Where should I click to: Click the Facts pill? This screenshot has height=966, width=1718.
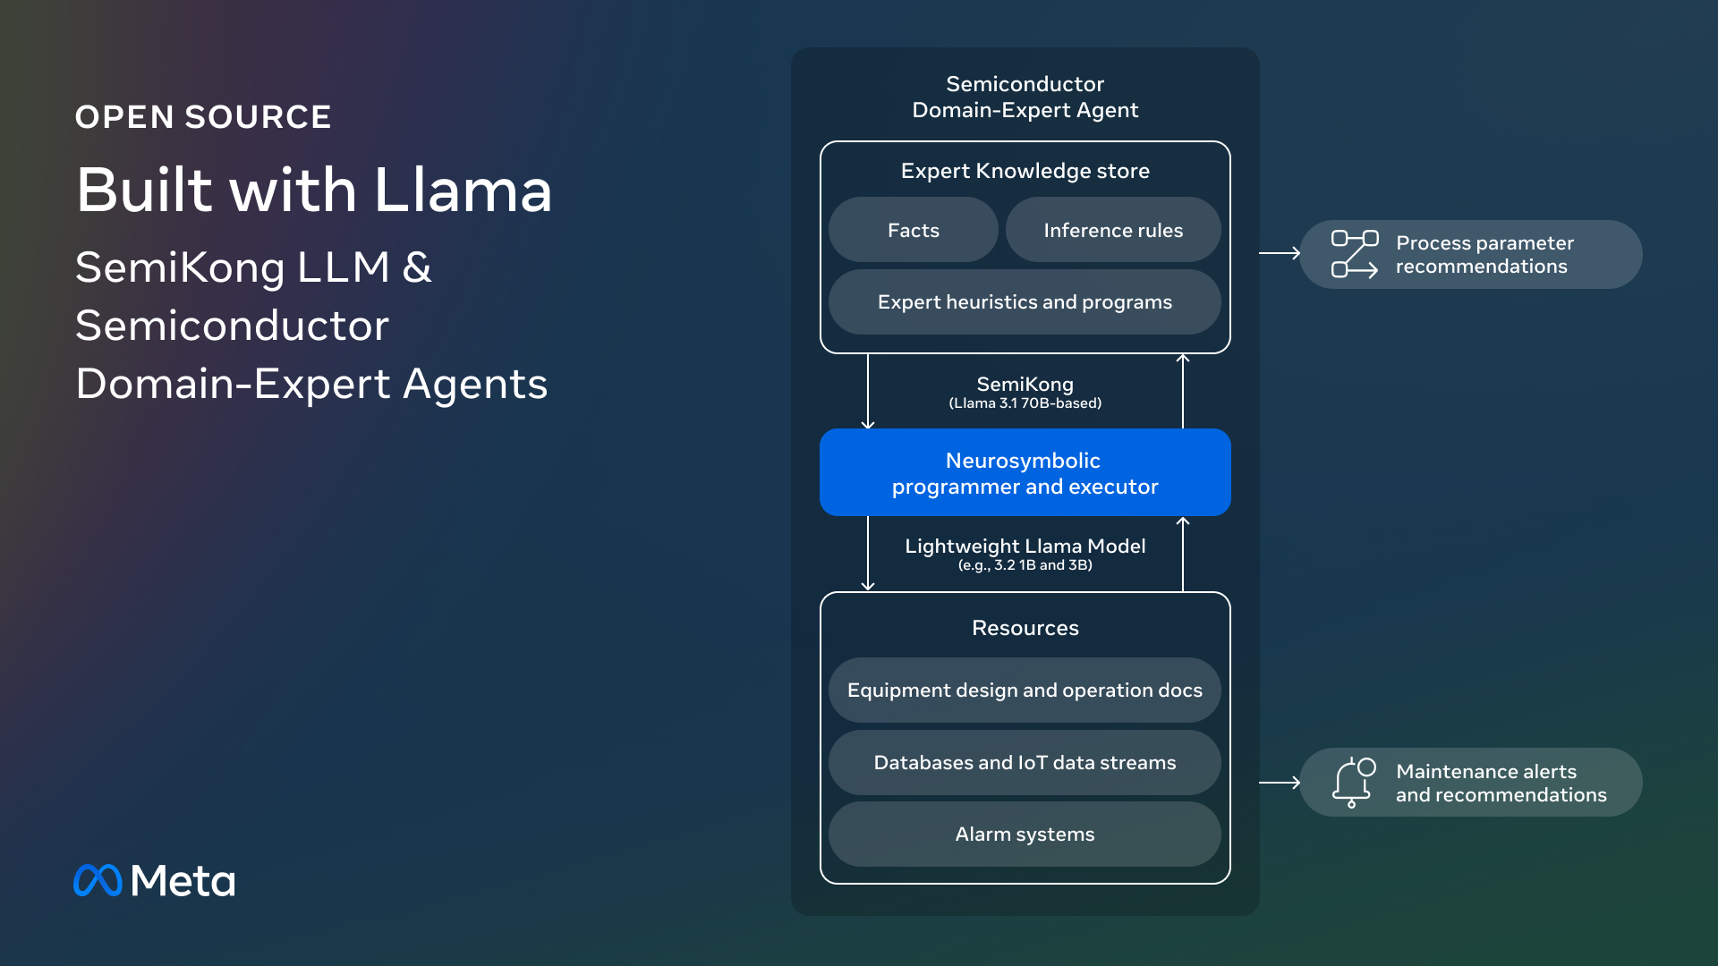[913, 230]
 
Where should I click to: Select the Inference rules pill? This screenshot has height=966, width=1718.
[1113, 230]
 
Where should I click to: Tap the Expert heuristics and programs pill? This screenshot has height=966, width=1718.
[1025, 302]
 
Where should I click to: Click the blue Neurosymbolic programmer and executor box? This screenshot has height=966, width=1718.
[1025, 472]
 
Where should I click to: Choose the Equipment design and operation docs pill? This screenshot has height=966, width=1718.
[1025, 691]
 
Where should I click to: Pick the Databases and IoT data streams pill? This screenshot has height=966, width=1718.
[1025, 763]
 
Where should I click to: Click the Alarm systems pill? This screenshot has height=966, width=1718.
[1025, 835]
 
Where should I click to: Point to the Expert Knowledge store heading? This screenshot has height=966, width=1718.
[1025, 171]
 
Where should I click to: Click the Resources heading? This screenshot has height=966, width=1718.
[1025, 628]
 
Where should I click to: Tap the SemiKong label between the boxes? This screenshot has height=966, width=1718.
[1025, 385]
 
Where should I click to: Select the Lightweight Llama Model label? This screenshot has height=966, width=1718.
[1025, 546]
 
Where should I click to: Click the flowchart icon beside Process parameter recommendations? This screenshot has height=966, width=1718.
[1355, 254]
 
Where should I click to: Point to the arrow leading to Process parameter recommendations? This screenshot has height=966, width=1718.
[1280, 253]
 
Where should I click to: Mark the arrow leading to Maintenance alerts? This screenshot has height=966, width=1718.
[1280, 783]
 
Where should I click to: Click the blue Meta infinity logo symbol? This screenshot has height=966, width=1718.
[98, 880]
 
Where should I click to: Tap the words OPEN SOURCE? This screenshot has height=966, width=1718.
[203, 117]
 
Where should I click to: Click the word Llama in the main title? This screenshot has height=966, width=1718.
[463, 190]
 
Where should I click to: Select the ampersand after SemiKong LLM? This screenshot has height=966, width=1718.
[417, 267]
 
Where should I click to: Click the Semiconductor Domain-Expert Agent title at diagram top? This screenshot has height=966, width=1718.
[1025, 97]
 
